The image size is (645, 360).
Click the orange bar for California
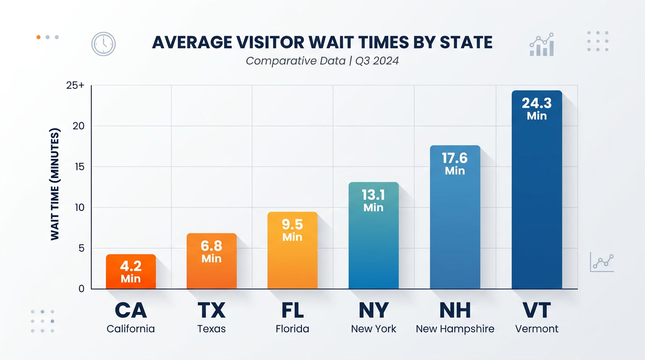click(x=131, y=272)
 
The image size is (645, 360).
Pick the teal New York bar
click(x=374, y=244)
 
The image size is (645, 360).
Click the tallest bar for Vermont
click(x=537, y=197)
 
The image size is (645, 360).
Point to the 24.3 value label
click(x=537, y=103)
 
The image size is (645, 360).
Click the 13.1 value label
click(x=374, y=195)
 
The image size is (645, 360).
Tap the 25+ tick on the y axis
click(x=75, y=86)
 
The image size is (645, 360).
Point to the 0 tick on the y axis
click(x=82, y=289)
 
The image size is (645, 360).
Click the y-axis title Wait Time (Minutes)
click(x=55, y=184)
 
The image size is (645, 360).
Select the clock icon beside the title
click(x=103, y=44)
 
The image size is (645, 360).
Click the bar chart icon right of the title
click(x=542, y=45)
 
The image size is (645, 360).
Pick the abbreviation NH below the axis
click(x=455, y=310)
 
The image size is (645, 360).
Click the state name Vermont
click(x=537, y=329)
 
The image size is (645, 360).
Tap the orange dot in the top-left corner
click(x=38, y=37)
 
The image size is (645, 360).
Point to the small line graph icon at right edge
click(x=602, y=262)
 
